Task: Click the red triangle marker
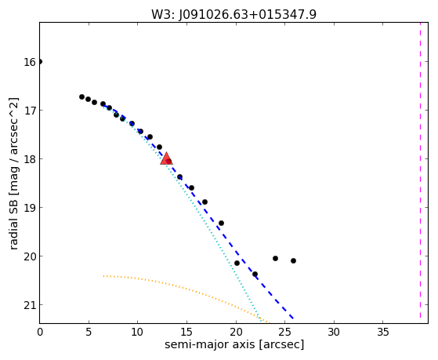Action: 166,159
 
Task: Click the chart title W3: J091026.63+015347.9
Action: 233,15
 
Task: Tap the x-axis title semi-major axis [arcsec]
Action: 234,344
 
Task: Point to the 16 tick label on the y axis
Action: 30,62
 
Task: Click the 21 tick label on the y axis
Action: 30,305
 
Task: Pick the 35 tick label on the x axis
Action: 382,332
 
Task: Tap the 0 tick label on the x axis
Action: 40,332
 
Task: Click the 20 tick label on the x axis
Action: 236,332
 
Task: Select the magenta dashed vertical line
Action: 420,171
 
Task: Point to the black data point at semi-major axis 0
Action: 40,61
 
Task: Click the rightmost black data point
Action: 293,260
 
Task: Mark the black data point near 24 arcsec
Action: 275,258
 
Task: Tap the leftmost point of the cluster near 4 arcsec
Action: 81,96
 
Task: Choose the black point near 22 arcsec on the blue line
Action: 255,274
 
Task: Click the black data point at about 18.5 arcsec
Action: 221,223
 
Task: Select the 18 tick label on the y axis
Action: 30,159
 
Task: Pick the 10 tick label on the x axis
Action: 137,332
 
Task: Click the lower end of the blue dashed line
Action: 293,318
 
